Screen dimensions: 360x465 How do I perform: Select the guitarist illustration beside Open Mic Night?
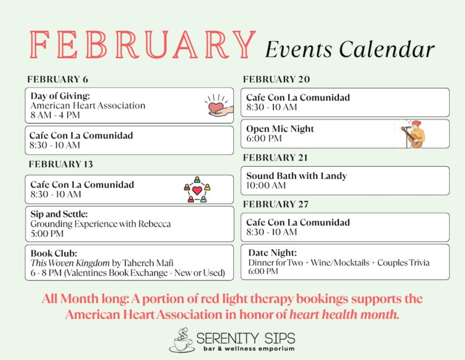[414, 134]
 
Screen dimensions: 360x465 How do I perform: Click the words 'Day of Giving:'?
[60, 96]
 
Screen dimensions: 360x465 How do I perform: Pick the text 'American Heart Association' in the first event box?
[88, 105]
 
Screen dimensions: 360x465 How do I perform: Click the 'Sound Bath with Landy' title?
[296, 176]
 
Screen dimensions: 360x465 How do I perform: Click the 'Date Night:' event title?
[272, 252]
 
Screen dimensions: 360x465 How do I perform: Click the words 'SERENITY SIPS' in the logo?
[245, 336]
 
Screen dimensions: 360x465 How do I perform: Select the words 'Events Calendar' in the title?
[349, 48]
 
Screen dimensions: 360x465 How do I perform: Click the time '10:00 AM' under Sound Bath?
[266, 185]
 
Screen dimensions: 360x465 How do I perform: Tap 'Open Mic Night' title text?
[280, 128]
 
